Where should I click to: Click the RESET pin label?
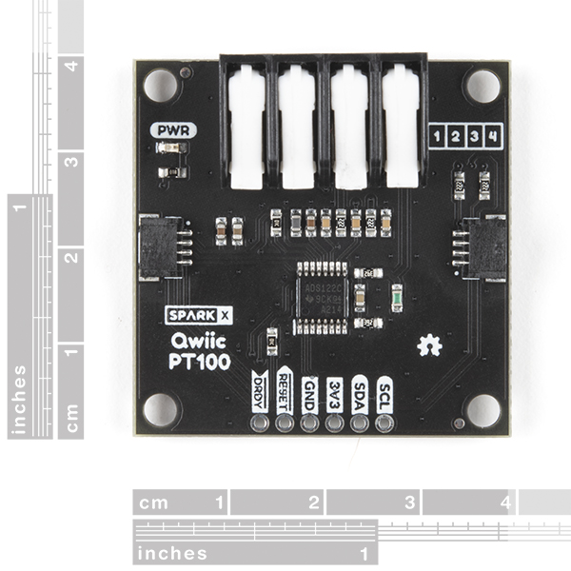click(285, 388)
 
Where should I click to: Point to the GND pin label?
click(309, 390)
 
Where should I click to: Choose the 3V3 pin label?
click(334, 390)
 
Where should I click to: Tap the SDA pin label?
click(359, 390)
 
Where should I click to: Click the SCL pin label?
click(384, 390)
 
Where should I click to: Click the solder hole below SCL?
click(384, 422)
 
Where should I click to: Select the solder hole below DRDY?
click(260, 422)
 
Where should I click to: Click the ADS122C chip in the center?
click(322, 296)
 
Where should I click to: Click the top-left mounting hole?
click(160, 85)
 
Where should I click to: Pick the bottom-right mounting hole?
click(482, 410)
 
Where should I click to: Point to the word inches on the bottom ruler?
click(171, 553)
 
